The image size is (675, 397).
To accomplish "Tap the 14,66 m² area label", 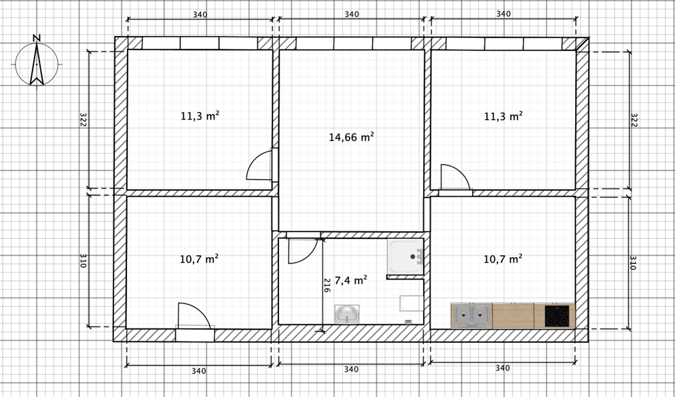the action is (x=351, y=137).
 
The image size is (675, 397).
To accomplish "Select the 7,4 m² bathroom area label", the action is (x=351, y=280).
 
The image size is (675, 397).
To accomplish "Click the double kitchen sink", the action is (x=471, y=316).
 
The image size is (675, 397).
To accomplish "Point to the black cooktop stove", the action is (x=558, y=316).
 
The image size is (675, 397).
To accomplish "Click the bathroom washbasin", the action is (x=347, y=314).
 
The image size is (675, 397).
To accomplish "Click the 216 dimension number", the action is (x=327, y=286).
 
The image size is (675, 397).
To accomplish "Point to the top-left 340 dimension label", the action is (x=200, y=15).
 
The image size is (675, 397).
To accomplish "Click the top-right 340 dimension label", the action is (x=503, y=14).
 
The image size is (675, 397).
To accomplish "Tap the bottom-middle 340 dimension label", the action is (x=351, y=369).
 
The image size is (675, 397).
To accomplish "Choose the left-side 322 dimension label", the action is (x=84, y=119).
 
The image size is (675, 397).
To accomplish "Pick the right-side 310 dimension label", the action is (x=633, y=263).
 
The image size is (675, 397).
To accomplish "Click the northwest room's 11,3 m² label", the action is (x=200, y=116).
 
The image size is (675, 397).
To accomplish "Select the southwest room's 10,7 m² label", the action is (x=199, y=259).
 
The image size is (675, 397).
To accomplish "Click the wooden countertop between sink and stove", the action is (x=513, y=316).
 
